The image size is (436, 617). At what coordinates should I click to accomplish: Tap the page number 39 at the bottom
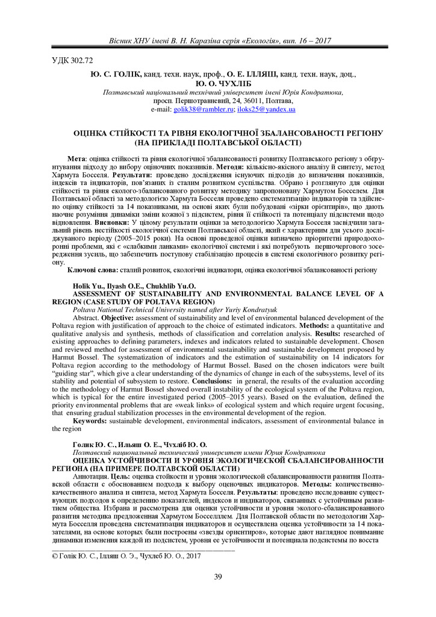pyautogui.click(x=218, y=577)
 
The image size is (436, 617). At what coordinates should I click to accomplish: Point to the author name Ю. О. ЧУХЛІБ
pyautogui.click(x=218, y=84)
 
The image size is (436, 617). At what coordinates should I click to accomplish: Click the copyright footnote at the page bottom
pyautogui.click(x=124, y=556)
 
